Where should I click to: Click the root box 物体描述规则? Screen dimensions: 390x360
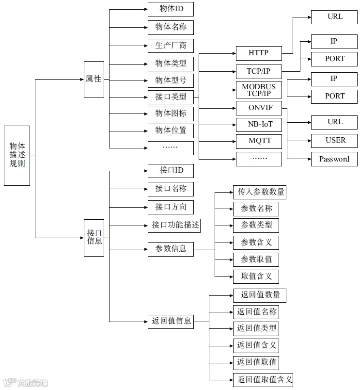[17, 155]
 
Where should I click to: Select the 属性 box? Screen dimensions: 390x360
[94, 79]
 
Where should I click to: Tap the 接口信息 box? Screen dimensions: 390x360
[94, 237]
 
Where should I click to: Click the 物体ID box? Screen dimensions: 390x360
[171, 9]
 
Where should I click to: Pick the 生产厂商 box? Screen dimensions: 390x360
[171, 46]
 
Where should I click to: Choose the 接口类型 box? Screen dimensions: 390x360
[171, 97]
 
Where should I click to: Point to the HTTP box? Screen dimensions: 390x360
[259, 53]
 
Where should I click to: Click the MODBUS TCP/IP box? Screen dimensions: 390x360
[259, 90]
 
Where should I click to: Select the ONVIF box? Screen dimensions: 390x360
[259, 108]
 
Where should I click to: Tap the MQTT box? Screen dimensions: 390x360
[259, 142]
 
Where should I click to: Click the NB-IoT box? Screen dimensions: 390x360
[259, 125]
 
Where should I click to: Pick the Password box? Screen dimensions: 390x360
[334, 159]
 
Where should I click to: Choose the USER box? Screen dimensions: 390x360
[334, 141]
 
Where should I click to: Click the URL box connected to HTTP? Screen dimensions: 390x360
[334, 16]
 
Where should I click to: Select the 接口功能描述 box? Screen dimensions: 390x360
[175, 225]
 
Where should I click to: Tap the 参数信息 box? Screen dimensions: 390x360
[171, 249]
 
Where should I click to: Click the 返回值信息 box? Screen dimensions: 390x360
[171, 321]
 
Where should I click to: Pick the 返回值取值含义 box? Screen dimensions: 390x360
[262, 379]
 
